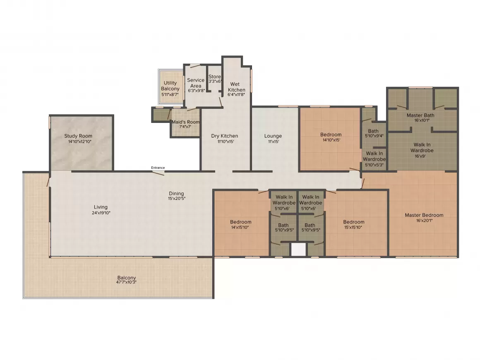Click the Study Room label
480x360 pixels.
point(78,136)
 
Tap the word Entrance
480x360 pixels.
point(158,168)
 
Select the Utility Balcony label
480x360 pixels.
point(170,86)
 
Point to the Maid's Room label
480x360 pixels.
point(185,122)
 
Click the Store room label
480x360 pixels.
point(215,77)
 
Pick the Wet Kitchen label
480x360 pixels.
point(236,87)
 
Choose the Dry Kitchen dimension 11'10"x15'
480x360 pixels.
point(226,142)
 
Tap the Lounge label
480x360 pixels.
point(273,136)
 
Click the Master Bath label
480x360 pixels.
point(420,115)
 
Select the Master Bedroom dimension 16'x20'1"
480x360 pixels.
point(424,221)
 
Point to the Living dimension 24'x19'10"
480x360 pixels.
point(101,213)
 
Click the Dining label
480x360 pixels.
point(176,194)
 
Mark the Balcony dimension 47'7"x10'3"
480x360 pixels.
point(127,282)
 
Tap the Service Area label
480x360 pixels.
point(196,83)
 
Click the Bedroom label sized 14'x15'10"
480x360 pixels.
point(240,222)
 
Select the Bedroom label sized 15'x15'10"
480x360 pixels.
point(353,222)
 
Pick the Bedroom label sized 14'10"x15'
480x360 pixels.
point(331,134)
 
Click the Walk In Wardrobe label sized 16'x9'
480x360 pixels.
point(422,148)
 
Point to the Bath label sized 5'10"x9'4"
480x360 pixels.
point(373,131)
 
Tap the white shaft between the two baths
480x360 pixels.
point(298,250)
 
